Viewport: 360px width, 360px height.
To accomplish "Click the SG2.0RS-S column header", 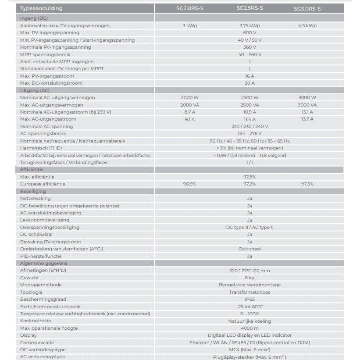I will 190,8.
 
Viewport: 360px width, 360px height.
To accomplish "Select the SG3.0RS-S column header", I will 307,9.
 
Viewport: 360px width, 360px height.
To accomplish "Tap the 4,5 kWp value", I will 307,26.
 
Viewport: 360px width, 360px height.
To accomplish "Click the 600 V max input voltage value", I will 249,33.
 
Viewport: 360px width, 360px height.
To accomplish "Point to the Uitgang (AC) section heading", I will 35,90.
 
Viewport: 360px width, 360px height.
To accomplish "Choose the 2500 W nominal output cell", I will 249,98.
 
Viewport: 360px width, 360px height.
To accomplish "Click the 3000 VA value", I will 307,105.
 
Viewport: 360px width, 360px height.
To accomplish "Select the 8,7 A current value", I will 189,112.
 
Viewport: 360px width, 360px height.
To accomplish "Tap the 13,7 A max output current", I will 307,119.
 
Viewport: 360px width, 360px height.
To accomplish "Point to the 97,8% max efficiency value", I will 249,177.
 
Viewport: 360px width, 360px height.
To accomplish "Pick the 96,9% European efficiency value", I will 189,184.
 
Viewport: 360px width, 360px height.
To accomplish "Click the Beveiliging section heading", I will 33,191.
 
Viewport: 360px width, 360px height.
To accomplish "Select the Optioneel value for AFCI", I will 249,249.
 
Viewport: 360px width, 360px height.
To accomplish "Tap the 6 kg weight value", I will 249,278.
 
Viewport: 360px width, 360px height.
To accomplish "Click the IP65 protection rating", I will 249,299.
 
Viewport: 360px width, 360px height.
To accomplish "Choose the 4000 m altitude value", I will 249,328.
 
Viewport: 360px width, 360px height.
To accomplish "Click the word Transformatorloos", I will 249,292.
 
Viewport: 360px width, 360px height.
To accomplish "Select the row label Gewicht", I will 29,278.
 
